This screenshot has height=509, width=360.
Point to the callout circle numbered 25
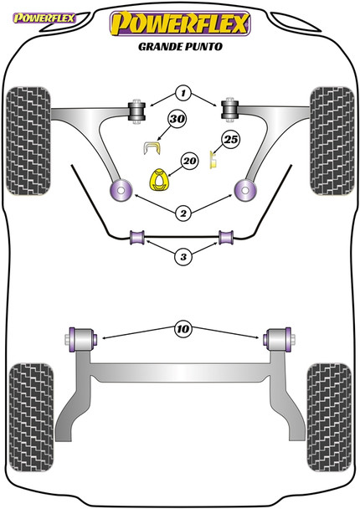231,141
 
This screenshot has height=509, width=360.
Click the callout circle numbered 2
183,214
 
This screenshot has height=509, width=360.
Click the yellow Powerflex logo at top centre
181,23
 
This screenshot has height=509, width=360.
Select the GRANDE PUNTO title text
180,48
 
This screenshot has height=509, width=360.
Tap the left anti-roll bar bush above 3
138,239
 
